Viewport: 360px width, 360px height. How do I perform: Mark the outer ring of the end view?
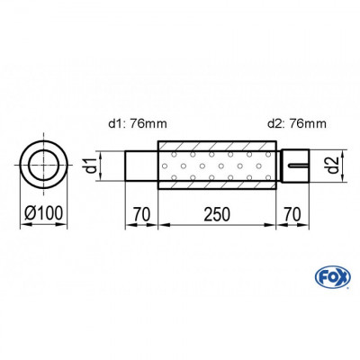point(25,166)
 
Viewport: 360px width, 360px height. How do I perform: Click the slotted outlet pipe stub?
point(293,166)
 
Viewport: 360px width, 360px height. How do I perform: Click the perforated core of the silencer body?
point(217,166)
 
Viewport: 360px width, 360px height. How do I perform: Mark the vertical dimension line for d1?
point(103,166)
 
